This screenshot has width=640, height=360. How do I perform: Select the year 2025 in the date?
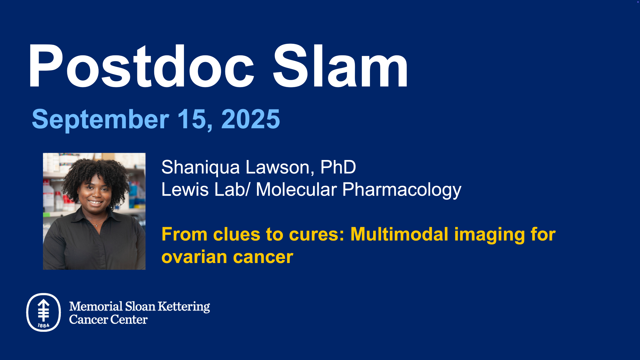point(251,119)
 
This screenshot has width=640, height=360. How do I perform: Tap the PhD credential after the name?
point(338,167)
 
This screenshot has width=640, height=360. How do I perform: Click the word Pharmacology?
point(402,190)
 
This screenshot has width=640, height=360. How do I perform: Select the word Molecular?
point(296,189)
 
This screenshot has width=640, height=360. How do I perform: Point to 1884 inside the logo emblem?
point(44,325)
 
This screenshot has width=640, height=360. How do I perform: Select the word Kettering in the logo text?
point(184,307)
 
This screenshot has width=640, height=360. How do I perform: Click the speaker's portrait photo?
point(94,211)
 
